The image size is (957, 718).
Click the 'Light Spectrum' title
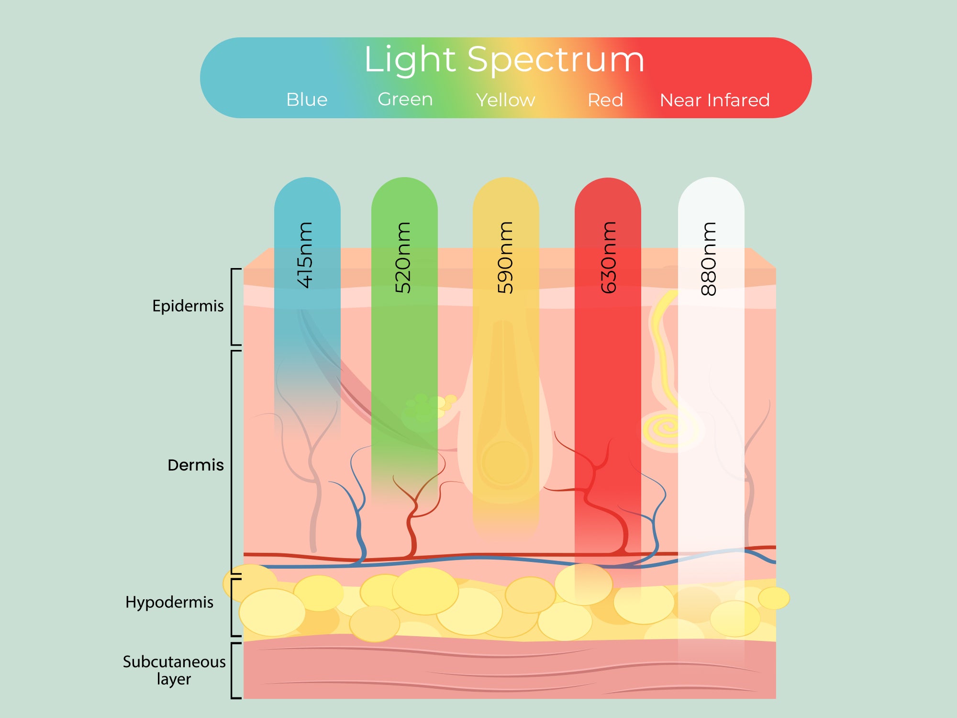coord(504,60)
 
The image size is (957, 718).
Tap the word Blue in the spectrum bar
coord(307,100)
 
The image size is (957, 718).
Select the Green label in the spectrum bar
coord(405,99)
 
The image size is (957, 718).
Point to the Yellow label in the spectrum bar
coord(505,100)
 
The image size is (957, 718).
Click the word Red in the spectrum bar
coord(605,100)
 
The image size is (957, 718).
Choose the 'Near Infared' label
coord(715,100)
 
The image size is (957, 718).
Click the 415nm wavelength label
coord(305,255)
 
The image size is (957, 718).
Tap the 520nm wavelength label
coord(402,258)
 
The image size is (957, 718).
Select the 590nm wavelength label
coord(505,258)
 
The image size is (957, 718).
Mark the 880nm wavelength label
coord(708,258)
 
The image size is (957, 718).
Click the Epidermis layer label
coord(188,306)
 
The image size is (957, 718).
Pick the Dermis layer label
coord(196,465)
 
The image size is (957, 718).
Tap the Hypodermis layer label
coord(169,602)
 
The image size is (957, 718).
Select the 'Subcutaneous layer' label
coord(174,670)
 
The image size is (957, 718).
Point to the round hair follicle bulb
coord(505,462)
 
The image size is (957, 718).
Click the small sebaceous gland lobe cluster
coord(428,409)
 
